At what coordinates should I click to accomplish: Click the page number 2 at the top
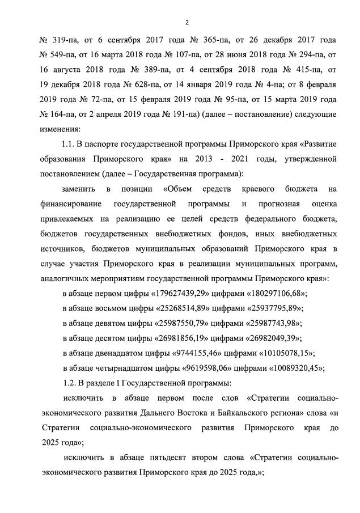[187, 22]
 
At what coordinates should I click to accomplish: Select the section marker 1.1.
[70, 143]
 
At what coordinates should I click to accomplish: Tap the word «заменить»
[79, 188]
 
